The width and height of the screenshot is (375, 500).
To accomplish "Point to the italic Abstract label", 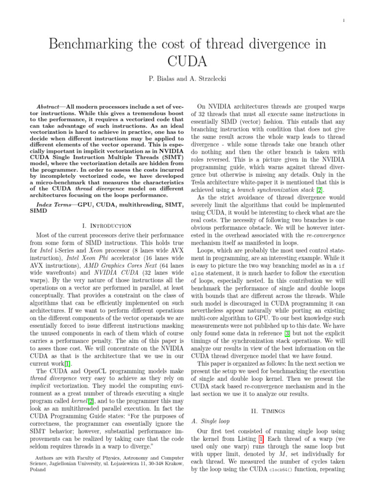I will (x=51, y=106).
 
